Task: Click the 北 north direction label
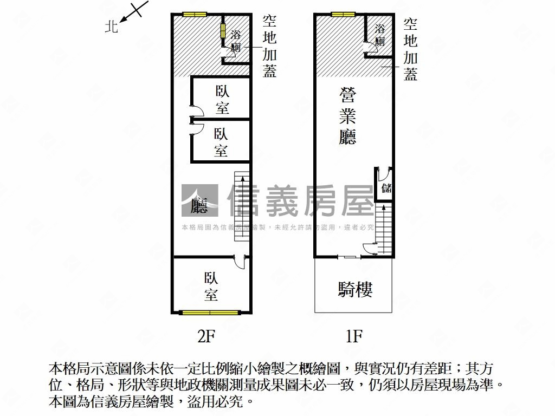click(x=111, y=26)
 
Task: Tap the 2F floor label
click(x=206, y=336)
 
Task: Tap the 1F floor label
click(x=354, y=336)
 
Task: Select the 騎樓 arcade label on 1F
click(x=355, y=289)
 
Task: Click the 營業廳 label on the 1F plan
click(x=347, y=116)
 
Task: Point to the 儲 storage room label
click(x=386, y=188)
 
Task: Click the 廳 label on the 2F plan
click(x=199, y=205)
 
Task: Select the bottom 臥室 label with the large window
click(x=211, y=286)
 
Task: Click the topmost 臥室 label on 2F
click(x=222, y=100)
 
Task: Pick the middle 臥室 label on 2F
click(x=221, y=142)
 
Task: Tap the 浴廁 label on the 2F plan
click(x=236, y=41)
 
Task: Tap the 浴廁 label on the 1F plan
click(x=380, y=35)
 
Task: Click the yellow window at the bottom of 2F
click(x=210, y=313)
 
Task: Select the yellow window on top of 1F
click(x=343, y=15)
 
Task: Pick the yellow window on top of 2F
click(x=195, y=15)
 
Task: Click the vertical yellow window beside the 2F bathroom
click(x=223, y=31)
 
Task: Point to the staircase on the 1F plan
click(x=383, y=229)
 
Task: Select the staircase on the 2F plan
click(x=242, y=206)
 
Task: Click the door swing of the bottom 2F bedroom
click(x=240, y=263)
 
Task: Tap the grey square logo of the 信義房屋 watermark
click(x=199, y=200)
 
